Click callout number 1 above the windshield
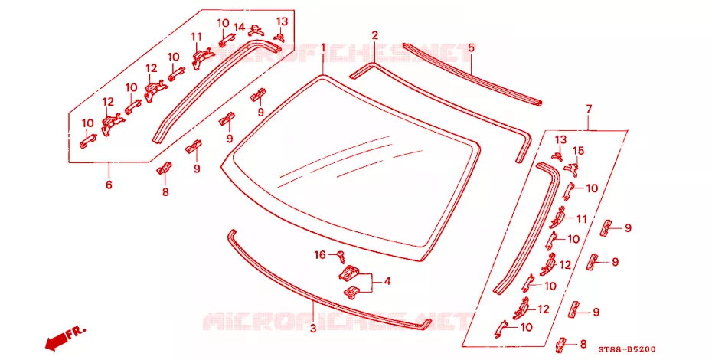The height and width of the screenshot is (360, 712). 323,48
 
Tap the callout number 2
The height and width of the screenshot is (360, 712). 374,35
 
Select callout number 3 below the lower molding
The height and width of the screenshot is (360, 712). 313,328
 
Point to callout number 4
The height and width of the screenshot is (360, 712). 387,281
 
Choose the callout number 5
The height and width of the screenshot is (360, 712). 471,47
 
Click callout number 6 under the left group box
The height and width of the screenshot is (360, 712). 109,185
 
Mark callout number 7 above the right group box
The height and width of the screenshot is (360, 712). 589,109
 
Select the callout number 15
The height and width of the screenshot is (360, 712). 579,150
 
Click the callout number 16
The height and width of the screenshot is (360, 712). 320,255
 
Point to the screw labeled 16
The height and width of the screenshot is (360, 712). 340,257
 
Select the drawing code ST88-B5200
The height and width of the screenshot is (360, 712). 626,349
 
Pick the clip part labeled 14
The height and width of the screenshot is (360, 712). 256,31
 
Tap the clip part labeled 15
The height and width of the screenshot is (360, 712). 572,169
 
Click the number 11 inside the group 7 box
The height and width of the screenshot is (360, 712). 582,219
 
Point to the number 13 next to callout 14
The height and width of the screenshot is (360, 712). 282,21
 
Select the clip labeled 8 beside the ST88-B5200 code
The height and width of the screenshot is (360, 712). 562,345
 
